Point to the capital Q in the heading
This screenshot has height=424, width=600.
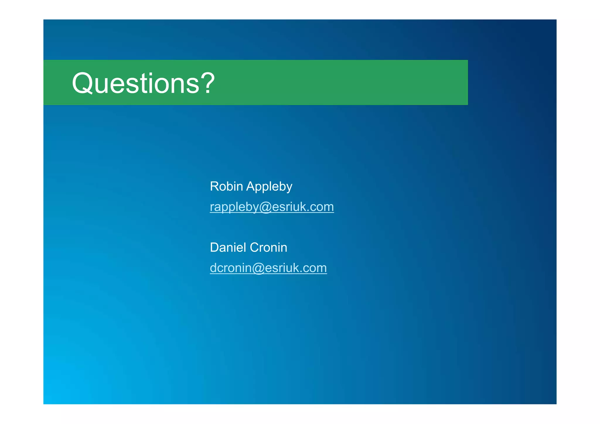pyautogui.click(x=83, y=83)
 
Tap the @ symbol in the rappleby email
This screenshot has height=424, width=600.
pyautogui.click(x=265, y=207)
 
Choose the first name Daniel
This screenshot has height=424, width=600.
pyautogui.click(x=228, y=247)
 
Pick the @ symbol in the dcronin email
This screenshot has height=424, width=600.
pyautogui.click(x=258, y=268)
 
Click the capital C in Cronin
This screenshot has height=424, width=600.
pyautogui.click(x=254, y=247)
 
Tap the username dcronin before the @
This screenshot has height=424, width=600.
pyautogui.click(x=231, y=268)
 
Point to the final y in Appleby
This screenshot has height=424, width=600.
pyautogui.click(x=289, y=188)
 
